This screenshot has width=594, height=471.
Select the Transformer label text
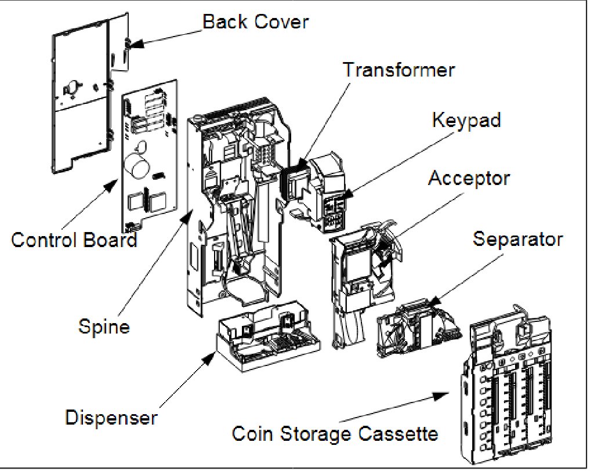(x=399, y=70)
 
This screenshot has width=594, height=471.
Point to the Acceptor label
(x=469, y=178)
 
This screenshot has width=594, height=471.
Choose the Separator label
(x=517, y=238)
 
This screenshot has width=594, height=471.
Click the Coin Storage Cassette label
(x=334, y=433)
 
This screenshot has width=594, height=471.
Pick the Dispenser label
(x=111, y=417)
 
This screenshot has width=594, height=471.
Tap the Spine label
(x=104, y=327)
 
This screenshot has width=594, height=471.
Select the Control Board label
(x=74, y=239)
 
